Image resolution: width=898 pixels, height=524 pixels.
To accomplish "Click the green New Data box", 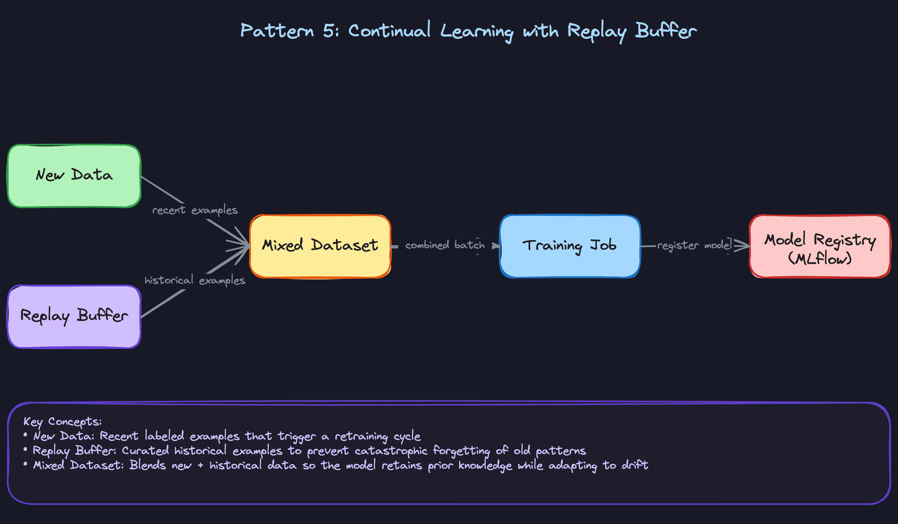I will pos(74,175).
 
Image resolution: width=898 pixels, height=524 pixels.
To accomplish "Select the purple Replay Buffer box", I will pos(74,316).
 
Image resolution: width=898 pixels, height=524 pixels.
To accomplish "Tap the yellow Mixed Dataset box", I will pos(320,246).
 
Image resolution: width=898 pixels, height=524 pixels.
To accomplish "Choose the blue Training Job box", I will pos(570,246).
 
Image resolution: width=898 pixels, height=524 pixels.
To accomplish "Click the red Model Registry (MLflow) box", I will pos(819,246).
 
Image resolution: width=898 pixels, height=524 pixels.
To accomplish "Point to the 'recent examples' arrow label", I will pos(195,210).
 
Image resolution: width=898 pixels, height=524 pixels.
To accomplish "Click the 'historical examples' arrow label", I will pos(195,280).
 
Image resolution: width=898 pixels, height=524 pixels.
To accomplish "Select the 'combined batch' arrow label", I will pos(445,245).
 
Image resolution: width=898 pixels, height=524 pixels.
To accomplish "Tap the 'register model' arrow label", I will pos(694,245).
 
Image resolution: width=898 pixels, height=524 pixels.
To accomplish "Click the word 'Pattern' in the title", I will pos(277,31).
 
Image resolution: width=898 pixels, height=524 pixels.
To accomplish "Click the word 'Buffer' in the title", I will pos(666,31).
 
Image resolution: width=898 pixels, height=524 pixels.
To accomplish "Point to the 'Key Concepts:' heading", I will pos(62,422).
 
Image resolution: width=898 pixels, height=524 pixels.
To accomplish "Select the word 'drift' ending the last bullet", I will pos(635,465).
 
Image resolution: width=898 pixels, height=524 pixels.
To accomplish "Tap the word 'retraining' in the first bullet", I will pos(361,437).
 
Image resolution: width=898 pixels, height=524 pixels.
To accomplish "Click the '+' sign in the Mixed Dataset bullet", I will pos(200,466).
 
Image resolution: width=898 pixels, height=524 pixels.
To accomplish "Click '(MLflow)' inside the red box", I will pos(819,258).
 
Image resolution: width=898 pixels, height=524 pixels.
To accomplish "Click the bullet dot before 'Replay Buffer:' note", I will pos(26,450).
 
